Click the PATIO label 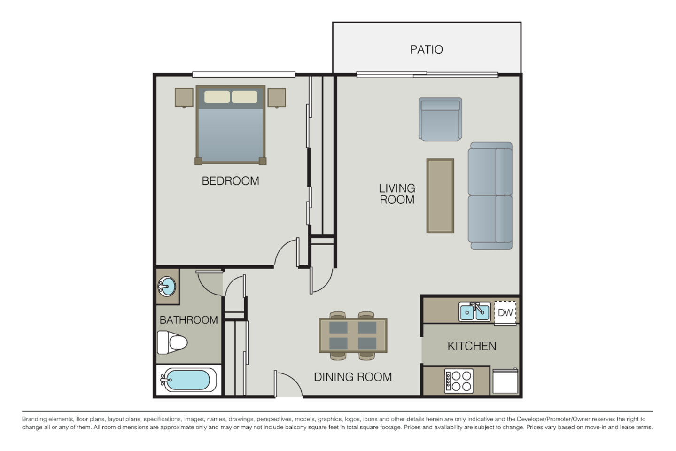click(x=426, y=49)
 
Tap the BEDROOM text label click(x=230, y=181)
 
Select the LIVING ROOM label click(x=397, y=194)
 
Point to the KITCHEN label click(x=472, y=346)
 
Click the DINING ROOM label click(x=353, y=377)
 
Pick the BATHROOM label click(x=188, y=320)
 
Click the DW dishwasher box click(x=505, y=312)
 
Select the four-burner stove click(x=458, y=381)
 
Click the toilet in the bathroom click(x=171, y=342)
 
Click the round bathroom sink click(x=167, y=286)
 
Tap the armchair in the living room click(x=440, y=119)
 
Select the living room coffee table click(x=440, y=196)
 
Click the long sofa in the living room click(x=490, y=196)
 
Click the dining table click(x=353, y=335)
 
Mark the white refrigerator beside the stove click(x=505, y=381)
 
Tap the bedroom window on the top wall click(x=243, y=74)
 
